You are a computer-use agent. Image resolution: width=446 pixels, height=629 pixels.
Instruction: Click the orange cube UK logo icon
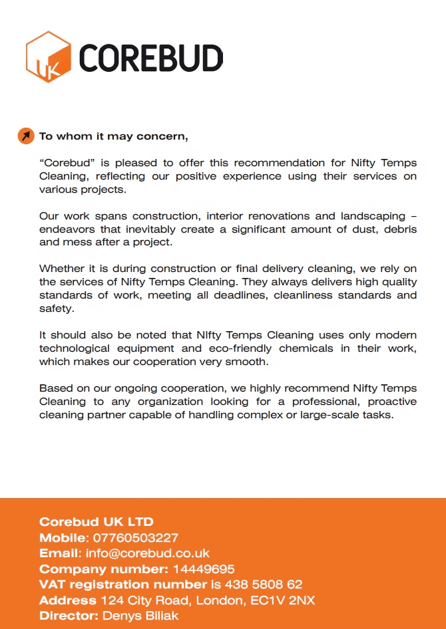(x=48, y=57)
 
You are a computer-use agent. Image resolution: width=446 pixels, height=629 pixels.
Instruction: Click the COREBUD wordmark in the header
(x=151, y=59)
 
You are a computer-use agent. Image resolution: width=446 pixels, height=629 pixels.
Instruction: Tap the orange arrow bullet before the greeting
(x=25, y=136)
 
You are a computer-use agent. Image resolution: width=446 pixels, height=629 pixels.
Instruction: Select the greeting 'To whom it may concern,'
(x=114, y=136)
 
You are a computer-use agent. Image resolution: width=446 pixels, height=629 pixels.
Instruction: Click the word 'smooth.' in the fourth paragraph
(x=249, y=362)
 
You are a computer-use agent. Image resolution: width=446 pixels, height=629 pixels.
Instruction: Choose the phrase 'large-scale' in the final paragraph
(x=337, y=415)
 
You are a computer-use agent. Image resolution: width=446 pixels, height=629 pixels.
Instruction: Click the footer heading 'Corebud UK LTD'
(x=97, y=522)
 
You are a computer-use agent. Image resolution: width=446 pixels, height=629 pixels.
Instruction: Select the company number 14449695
(x=204, y=569)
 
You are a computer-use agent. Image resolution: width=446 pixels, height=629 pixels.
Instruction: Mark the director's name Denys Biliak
(x=140, y=616)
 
